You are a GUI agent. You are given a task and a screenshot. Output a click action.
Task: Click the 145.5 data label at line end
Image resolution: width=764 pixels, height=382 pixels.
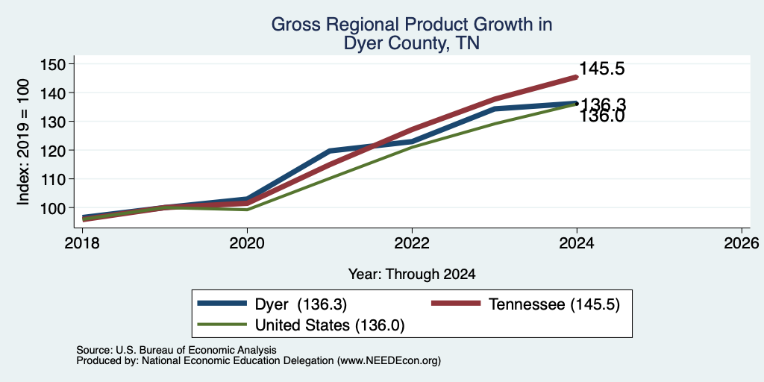[602, 69]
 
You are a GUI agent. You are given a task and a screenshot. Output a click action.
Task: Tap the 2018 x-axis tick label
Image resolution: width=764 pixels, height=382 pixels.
[82, 242]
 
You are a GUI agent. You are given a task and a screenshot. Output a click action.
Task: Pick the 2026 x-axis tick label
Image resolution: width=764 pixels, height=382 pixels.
[742, 242]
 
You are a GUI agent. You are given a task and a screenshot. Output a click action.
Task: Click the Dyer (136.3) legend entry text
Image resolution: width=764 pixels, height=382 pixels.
[301, 304]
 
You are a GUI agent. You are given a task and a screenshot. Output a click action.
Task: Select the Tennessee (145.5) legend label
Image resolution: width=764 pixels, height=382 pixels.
[554, 304]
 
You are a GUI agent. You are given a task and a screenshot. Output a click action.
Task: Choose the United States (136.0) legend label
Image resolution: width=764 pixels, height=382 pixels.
[330, 325]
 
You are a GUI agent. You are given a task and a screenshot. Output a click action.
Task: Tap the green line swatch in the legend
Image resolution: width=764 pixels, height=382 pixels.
[222, 324]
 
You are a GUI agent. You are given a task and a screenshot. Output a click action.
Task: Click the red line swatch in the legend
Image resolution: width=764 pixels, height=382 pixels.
[456, 304]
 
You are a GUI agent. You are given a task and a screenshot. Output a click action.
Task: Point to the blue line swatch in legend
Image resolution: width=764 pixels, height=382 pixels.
[222, 304]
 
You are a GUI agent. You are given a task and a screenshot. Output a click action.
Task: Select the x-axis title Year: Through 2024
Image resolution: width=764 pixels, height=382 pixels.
[412, 275]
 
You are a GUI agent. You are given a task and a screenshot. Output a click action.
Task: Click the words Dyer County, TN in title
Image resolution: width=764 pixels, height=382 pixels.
[412, 43]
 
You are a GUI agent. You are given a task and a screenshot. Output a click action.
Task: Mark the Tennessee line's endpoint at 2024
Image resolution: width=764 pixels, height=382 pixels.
[577, 77]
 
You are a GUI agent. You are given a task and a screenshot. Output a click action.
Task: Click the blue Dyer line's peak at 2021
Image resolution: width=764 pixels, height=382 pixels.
[330, 151]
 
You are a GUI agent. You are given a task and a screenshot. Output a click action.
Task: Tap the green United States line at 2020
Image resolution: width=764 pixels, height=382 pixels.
[247, 210]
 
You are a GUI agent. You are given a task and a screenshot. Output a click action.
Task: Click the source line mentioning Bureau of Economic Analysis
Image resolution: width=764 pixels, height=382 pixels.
[176, 350]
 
